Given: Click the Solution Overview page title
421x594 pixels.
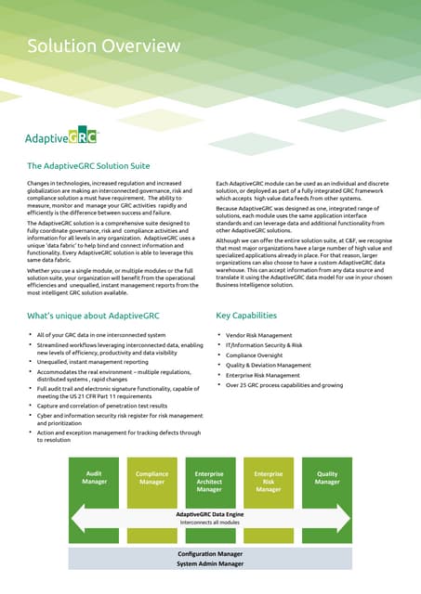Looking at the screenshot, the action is click(103, 46).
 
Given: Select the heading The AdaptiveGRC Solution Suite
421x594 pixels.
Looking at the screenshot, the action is click(101, 167).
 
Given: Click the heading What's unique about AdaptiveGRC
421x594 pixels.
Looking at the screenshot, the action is click(98, 316).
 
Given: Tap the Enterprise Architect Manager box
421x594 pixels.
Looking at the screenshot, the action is click(209, 481).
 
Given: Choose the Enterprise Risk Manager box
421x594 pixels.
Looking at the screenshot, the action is click(269, 481).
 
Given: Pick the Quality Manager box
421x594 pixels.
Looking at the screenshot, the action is click(327, 478).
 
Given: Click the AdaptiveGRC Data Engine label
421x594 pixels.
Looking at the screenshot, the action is click(209, 513).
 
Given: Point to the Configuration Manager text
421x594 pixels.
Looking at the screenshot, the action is click(210, 554).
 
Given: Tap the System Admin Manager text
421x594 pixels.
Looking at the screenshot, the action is click(210, 563).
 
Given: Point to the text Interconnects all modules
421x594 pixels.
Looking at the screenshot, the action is click(209, 523).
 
